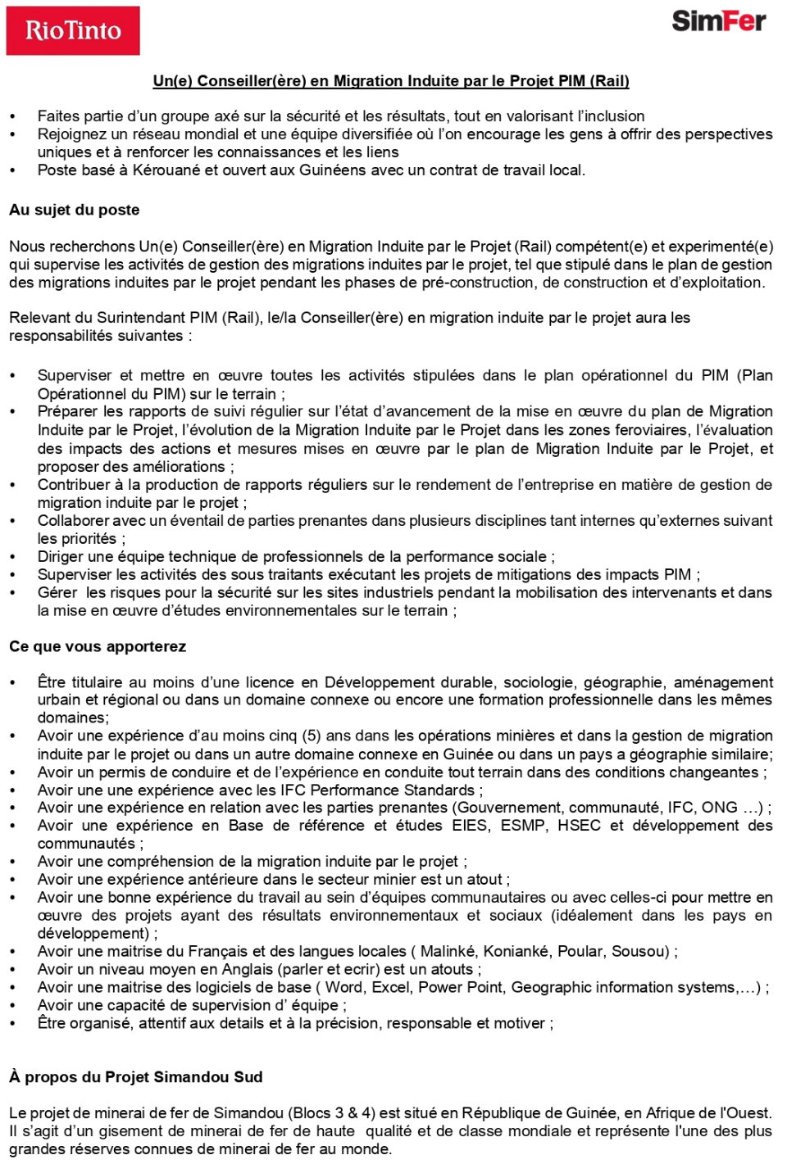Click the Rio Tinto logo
tap(73, 31)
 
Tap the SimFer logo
tap(718, 21)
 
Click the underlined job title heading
tap(391, 81)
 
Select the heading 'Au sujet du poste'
tap(75, 210)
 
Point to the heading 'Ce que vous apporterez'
tap(98, 646)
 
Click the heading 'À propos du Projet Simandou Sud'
tap(136, 1077)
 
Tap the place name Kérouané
tap(168, 170)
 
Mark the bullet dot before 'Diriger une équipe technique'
tap(13, 557)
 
